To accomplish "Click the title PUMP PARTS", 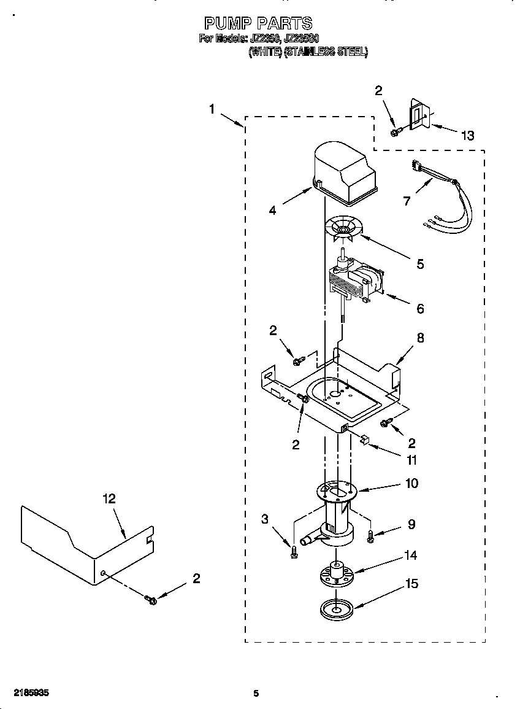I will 258,23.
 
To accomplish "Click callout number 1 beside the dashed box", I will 212,109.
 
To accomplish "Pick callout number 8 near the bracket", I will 420,338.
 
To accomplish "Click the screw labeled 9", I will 371,536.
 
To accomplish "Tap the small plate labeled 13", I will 418,117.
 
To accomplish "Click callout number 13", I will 468,136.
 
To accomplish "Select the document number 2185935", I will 29,693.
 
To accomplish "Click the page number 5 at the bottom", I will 256,694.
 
